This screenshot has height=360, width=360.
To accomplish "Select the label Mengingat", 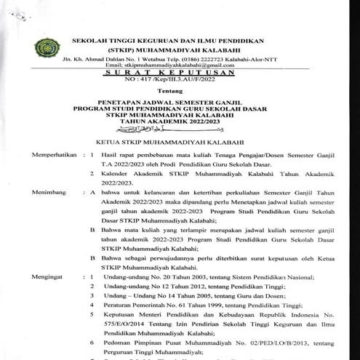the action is [44, 278].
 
